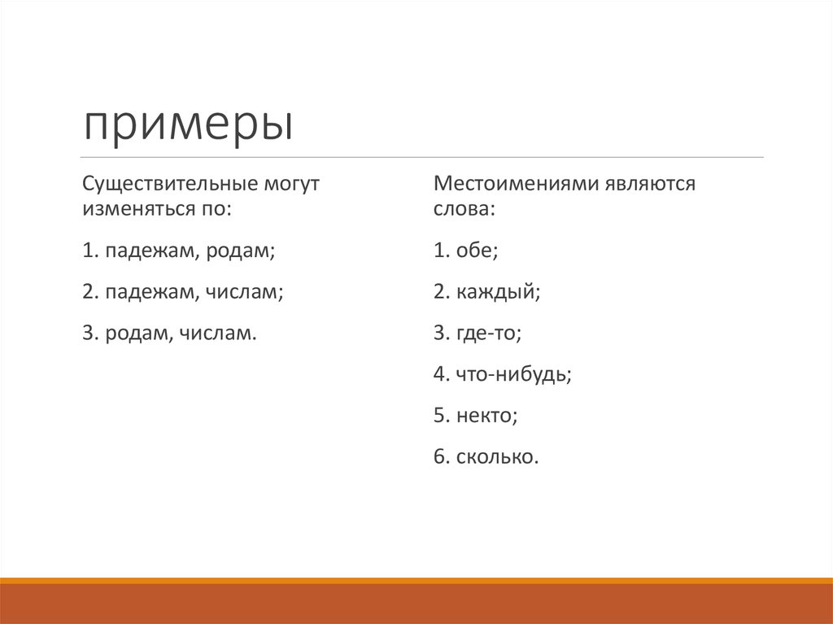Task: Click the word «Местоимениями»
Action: tap(515, 183)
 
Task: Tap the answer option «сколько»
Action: tap(498, 457)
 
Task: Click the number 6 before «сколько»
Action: tap(439, 457)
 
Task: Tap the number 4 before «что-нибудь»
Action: tap(439, 374)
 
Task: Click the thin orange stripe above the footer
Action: tap(416, 580)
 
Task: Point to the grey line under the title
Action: tap(423, 157)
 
